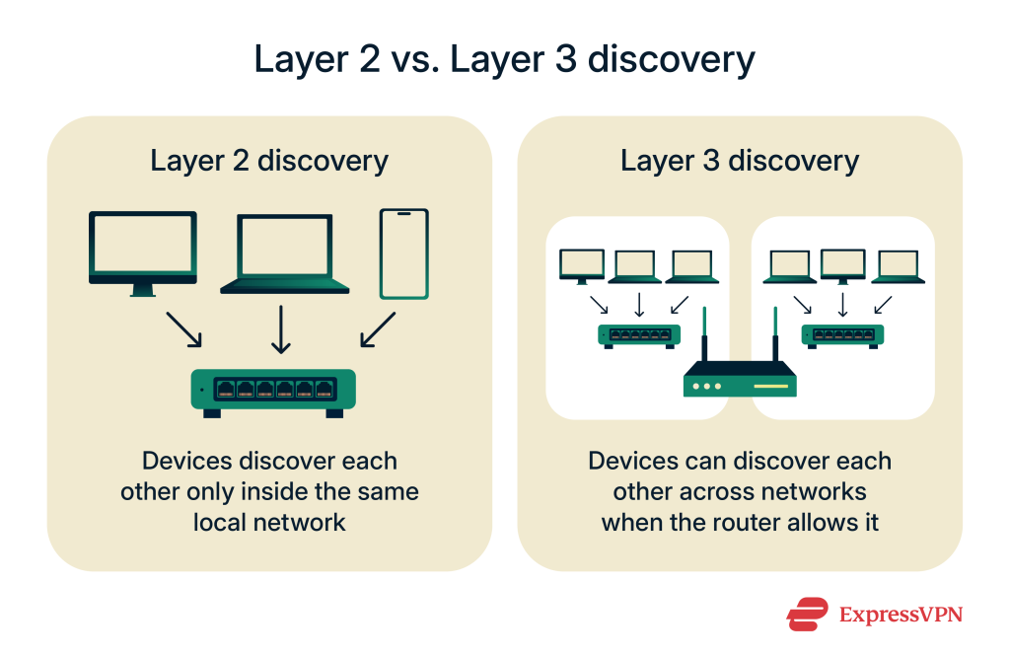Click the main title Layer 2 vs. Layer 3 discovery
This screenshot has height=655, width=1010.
[504, 59]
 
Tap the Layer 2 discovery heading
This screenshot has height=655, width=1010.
[269, 161]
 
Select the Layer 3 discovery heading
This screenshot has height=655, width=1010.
[740, 161]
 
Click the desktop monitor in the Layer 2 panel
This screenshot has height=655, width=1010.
[143, 249]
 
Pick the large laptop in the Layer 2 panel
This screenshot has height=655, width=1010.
[285, 253]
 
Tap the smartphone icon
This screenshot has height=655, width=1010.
[404, 253]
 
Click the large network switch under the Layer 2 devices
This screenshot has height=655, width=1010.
[273, 390]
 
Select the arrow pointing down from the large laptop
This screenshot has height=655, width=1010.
[282, 328]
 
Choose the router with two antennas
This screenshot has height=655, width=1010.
[740, 379]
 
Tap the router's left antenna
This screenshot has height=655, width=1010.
[705, 335]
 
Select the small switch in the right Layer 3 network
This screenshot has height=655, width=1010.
[841, 335]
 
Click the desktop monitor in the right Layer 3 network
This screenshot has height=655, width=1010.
[842, 264]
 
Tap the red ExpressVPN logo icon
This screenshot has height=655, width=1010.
[807, 614]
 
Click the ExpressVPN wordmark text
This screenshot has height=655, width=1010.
[901, 615]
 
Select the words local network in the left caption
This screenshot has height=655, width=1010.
[270, 523]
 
